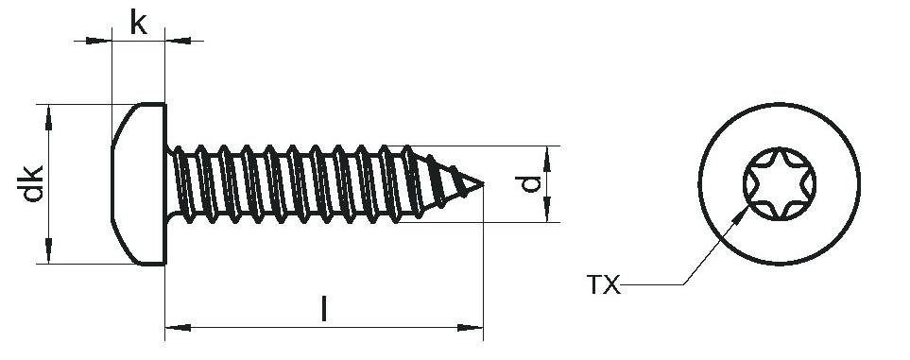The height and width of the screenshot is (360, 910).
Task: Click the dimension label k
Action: (138, 23)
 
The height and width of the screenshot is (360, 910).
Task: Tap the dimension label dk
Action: (33, 183)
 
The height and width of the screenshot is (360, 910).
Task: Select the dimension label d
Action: (528, 183)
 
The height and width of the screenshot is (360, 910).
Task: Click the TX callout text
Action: (604, 285)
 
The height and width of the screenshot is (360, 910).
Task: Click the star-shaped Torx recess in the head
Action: (780, 183)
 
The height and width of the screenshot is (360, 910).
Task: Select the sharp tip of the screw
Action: (482, 184)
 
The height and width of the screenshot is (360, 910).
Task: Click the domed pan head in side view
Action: (139, 184)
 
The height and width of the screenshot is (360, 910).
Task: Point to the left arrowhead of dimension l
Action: (178, 328)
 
